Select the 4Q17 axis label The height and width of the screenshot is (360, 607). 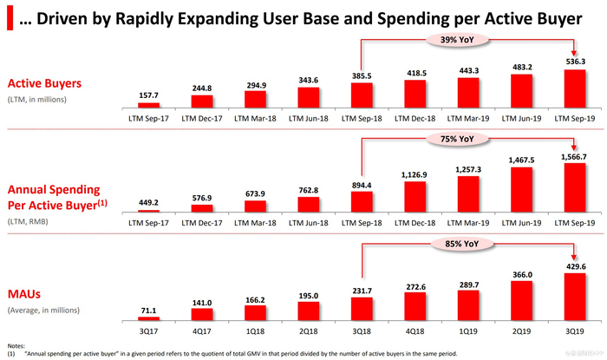[x=202, y=331]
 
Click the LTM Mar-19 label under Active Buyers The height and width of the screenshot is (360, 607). [x=466, y=115]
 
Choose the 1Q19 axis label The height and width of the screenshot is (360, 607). [x=466, y=331]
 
